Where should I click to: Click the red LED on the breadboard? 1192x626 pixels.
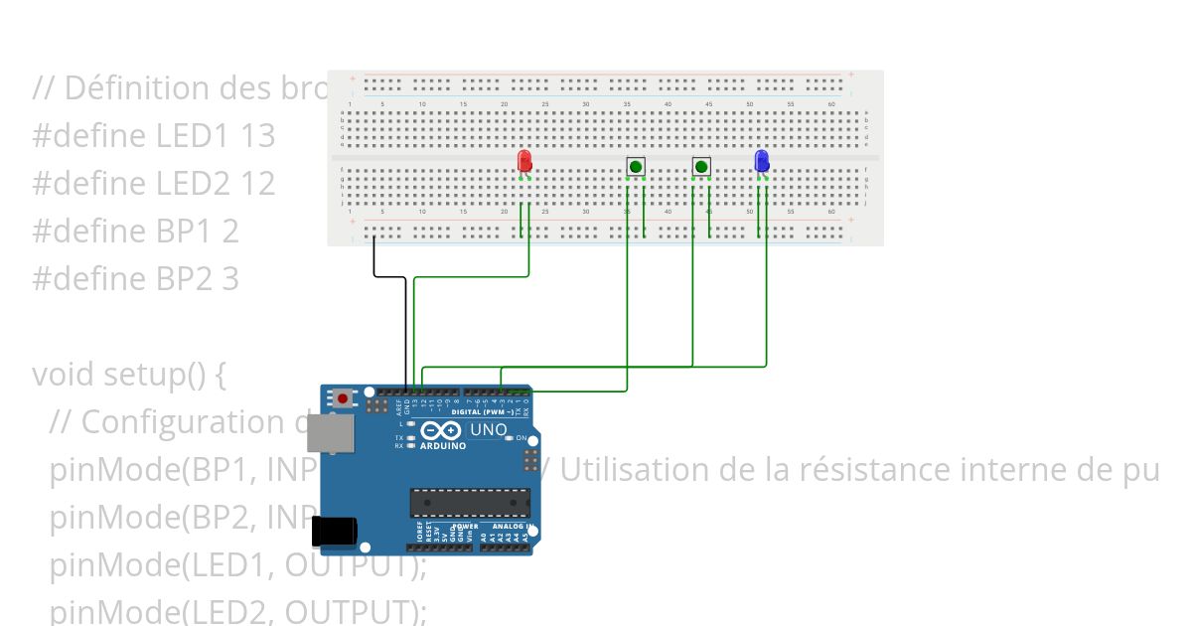click(x=524, y=161)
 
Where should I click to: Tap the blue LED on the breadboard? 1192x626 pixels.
click(x=762, y=161)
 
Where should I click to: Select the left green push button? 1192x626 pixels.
click(x=636, y=166)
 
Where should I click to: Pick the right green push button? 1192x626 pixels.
click(x=701, y=166)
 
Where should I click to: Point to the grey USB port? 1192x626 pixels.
click(x=329, y=435)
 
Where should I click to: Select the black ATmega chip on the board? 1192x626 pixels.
click(x=470, y=503)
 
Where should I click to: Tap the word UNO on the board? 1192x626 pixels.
click(x=487, y=429)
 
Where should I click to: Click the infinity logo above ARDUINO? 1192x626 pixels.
click(x=442, y=430)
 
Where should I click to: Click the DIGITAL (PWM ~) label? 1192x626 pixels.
click(x=483, y=411)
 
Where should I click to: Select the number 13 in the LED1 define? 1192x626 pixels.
click(x=257, y=135)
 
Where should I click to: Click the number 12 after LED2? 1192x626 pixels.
click(x=257, y=183)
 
